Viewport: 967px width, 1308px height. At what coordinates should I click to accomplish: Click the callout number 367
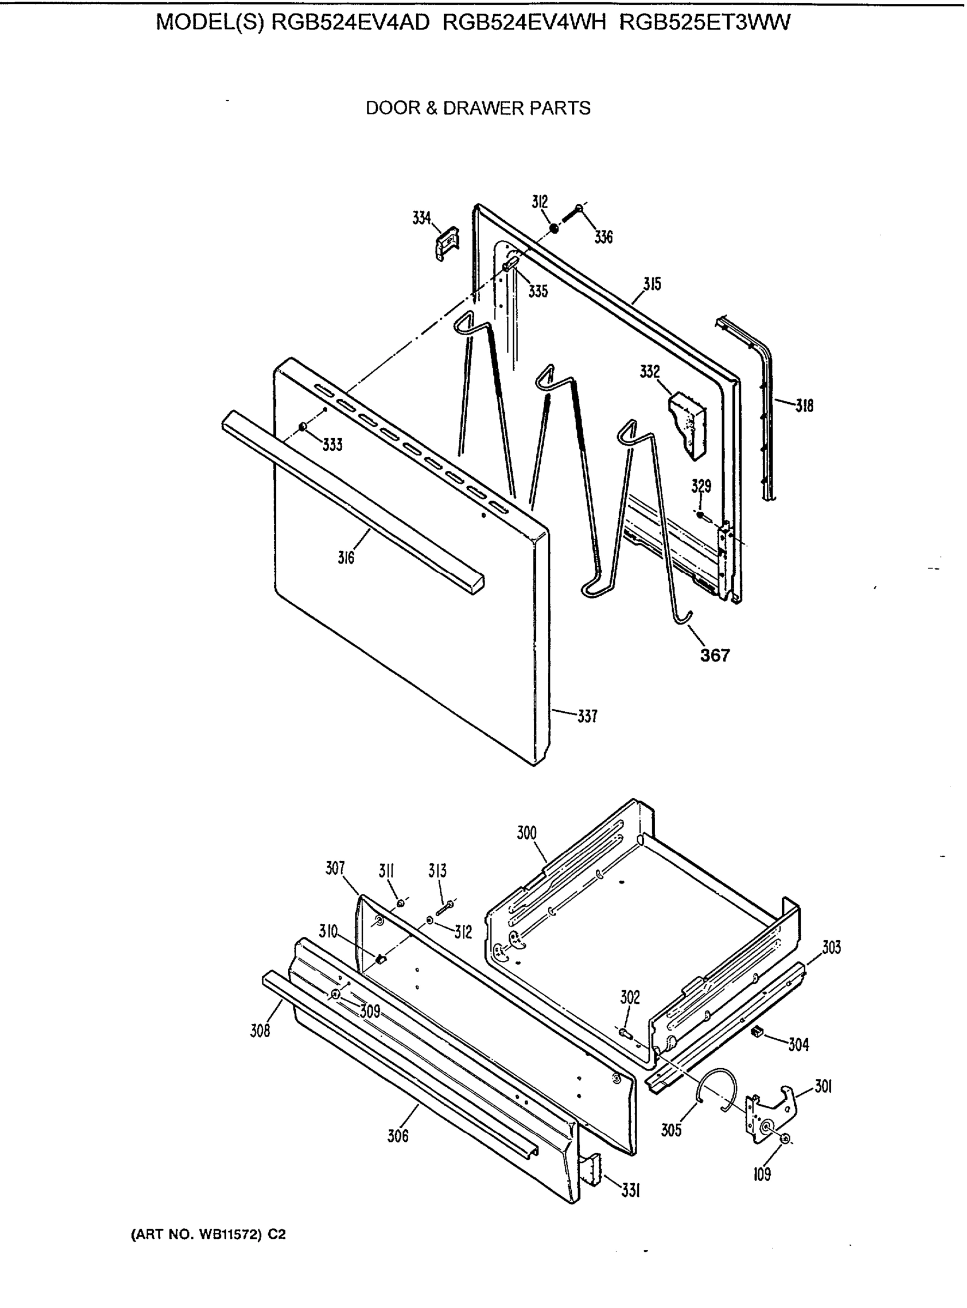pos(715,655)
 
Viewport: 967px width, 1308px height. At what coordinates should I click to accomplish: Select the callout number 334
pos(421,219)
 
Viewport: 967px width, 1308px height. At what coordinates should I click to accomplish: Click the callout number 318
pos(804,405)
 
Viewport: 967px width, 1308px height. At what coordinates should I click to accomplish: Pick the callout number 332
pos(650,372)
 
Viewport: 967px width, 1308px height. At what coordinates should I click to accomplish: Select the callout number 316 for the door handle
pos(346,558)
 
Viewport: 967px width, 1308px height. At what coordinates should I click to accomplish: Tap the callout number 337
pos(587,716)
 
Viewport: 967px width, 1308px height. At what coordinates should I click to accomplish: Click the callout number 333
pos(332,445)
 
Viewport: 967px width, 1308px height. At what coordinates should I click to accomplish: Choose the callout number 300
pos(527,833)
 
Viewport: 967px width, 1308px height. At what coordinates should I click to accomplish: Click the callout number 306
pos(397,1136)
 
